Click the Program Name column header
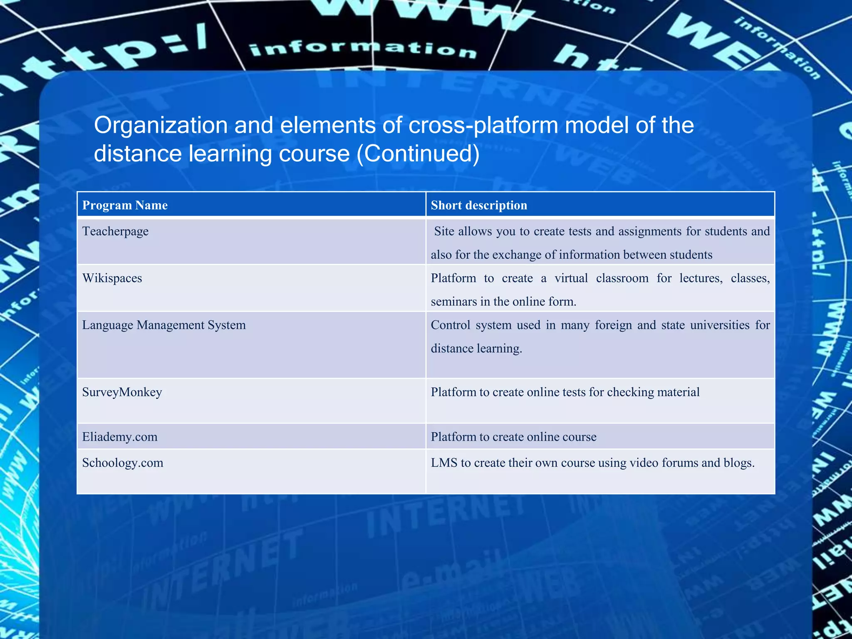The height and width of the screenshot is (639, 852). click(125, 205)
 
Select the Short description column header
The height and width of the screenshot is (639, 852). click(479, 205)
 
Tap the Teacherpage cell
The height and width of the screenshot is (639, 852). click(115, 231)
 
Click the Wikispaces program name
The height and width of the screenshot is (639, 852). click(112, 278)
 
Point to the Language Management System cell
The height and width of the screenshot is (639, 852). click(164, 325)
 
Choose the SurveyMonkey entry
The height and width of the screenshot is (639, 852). click(122, 392)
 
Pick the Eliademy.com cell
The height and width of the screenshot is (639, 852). click(120, 437)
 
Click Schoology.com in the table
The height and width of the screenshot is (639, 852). click(123, 463)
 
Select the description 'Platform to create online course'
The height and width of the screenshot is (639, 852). click(513, 437)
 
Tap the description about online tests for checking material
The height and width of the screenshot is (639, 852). click(565, 392)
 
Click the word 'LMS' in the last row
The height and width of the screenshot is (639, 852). click(444, 463)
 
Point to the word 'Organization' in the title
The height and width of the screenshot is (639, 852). click(161, 125)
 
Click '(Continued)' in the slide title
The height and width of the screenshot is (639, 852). click(418, 154)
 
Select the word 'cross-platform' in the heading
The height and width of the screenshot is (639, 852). click(483, 125)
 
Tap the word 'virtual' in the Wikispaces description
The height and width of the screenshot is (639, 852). click(571, 278)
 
